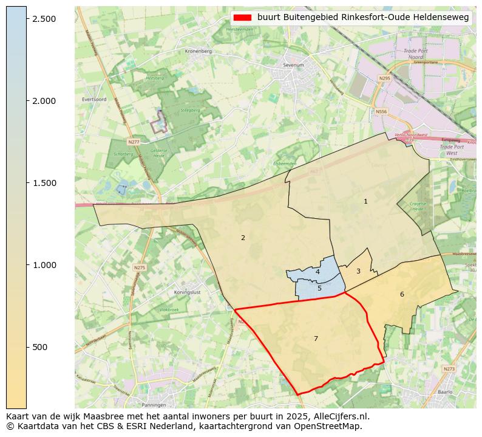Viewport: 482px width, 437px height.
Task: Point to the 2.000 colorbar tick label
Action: click(x=44, y=101)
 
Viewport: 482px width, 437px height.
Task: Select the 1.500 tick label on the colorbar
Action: click(x=44, y=183)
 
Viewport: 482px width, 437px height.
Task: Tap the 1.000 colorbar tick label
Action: click(x=44, y=265)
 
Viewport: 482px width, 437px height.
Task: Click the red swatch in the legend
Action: click(x=241, y=18)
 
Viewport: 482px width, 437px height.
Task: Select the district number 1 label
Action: click(x=365, y=201)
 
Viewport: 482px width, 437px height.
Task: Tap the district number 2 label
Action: click(x=243, y=238)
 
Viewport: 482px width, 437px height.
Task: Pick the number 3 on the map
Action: click(x=358, y=271)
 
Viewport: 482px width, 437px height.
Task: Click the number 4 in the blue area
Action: click(x=317, y=272)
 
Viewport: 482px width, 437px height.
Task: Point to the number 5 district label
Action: click(x=319, y=288)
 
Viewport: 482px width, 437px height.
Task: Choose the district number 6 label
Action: click(x=402, y=294)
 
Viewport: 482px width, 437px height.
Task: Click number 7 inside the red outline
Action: click(x=316, y=339)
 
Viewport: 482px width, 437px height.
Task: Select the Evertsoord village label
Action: click(x=94, y=99)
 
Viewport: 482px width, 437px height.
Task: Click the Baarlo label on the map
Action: click(x=445, y=392)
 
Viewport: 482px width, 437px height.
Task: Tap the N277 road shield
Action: click(x=134, y=142)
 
